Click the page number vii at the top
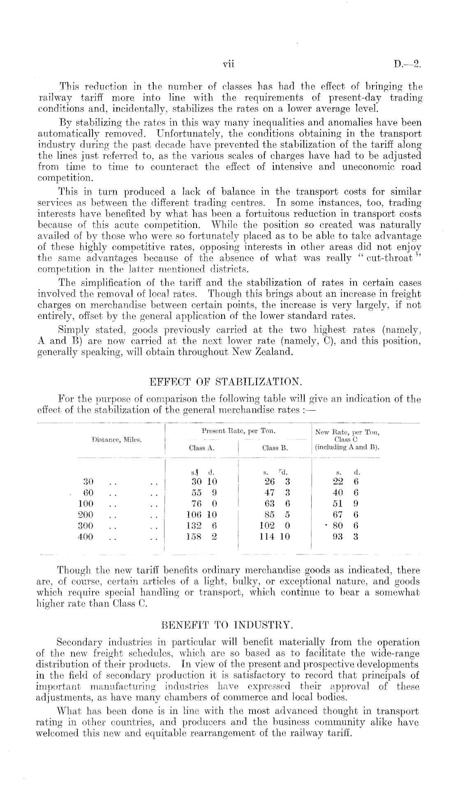(228, 64)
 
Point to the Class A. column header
(201, 448)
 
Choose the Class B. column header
(275, 448)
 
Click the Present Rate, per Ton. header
(238, 431)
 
